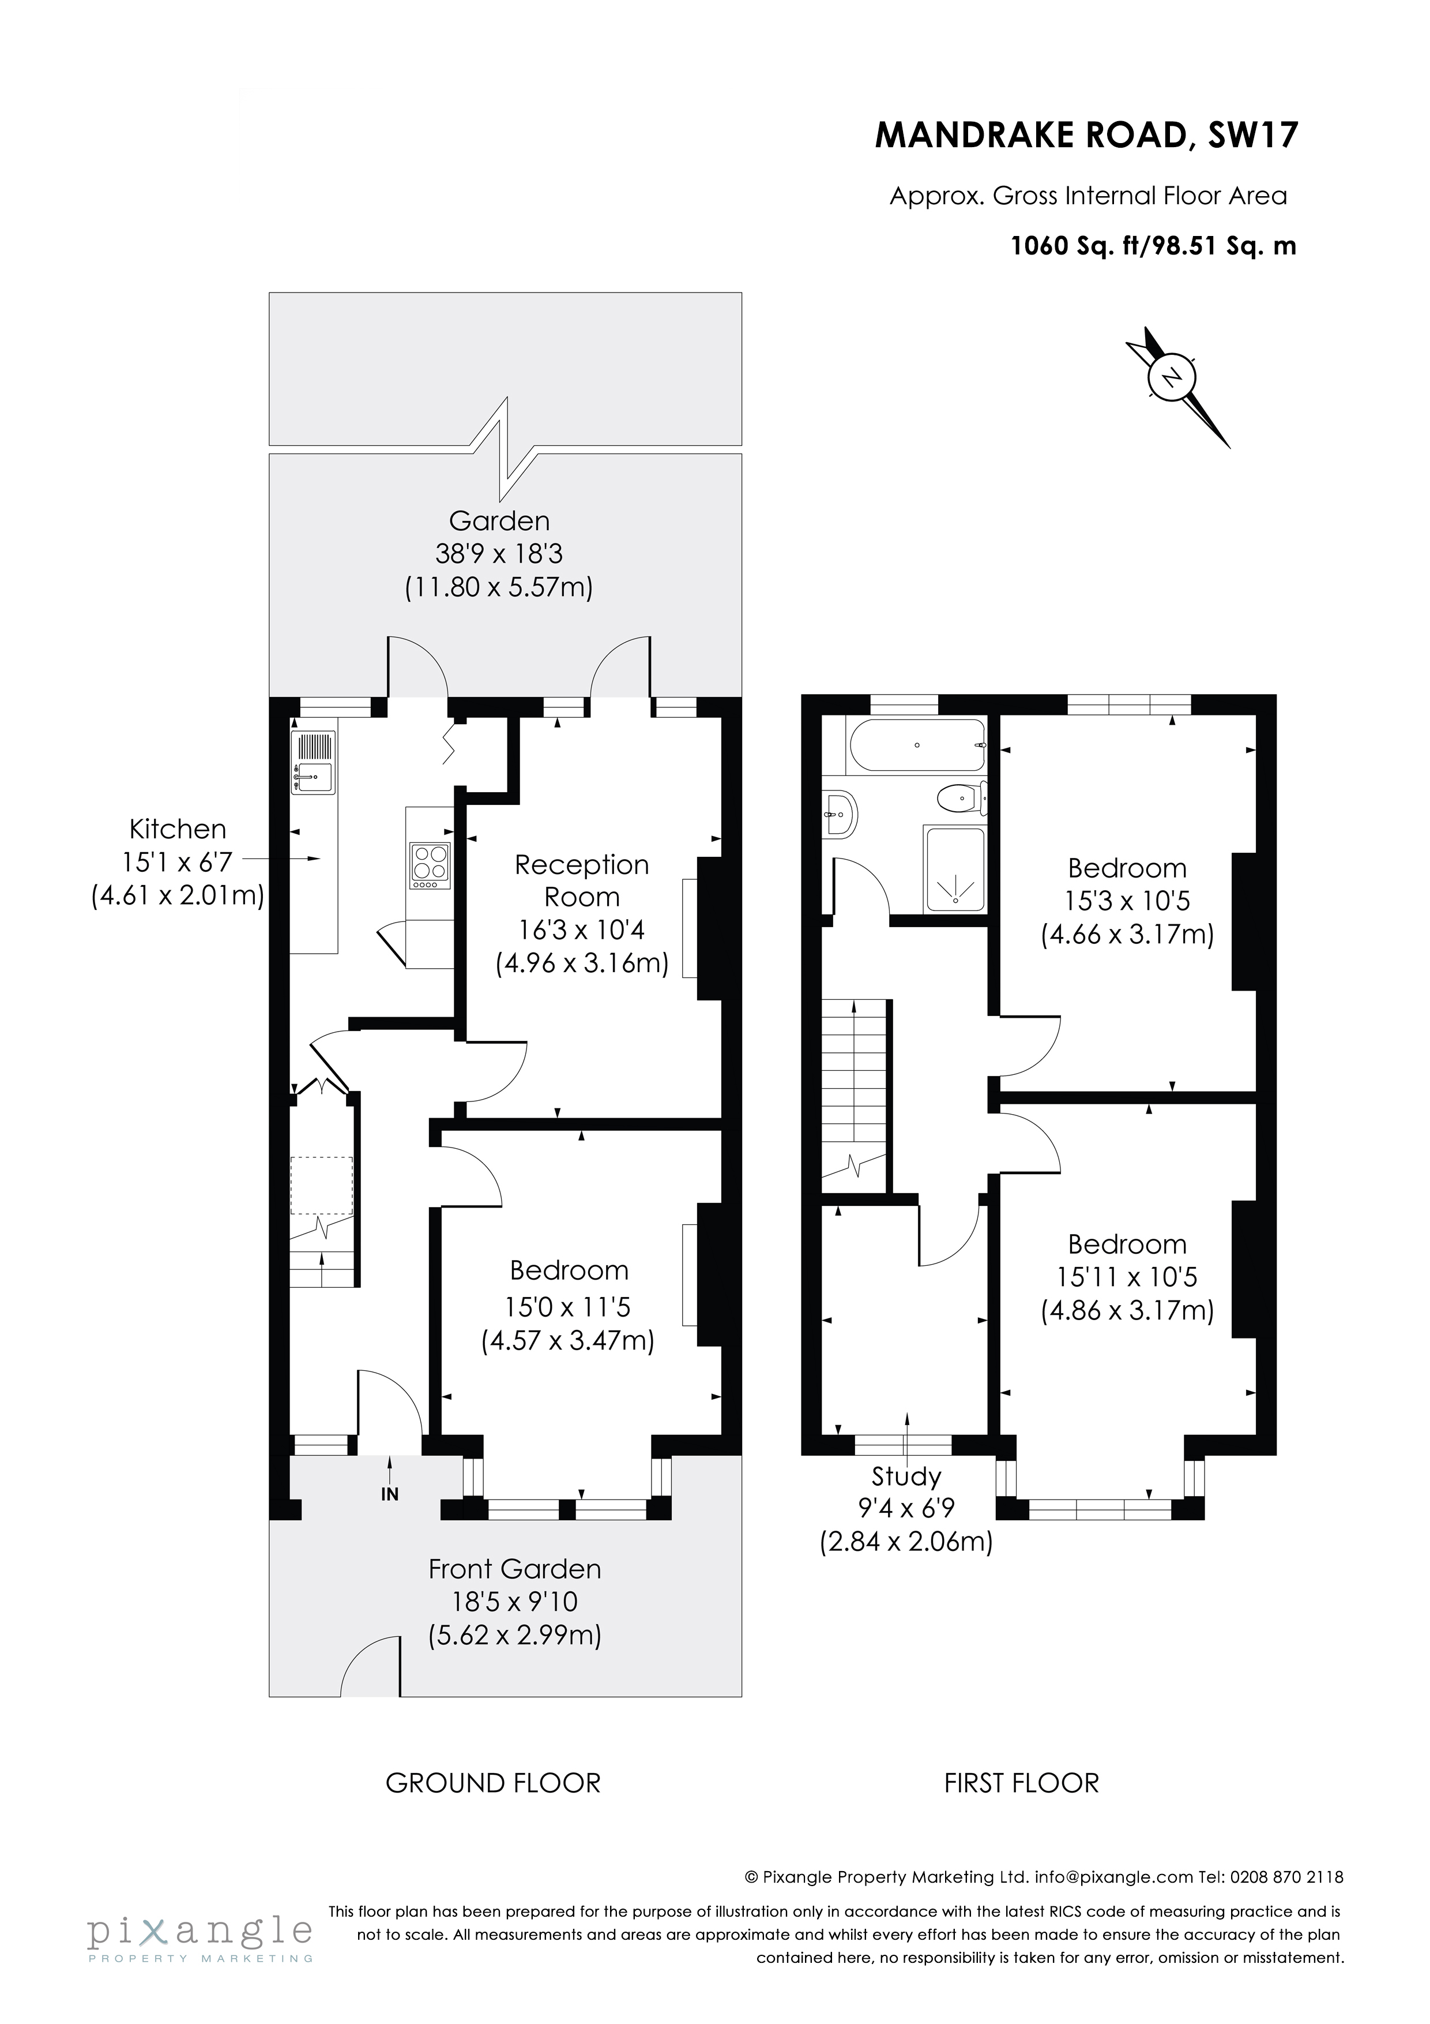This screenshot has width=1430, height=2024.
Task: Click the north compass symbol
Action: (x=1171, y=379)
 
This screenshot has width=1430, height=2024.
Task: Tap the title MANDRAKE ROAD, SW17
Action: (x=1086, y=136)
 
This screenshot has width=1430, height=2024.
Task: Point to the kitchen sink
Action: (x=314, y=778)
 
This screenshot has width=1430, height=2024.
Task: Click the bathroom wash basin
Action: (x=840, y=814)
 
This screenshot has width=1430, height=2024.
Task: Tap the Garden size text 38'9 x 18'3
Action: (x=499, y=554)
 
